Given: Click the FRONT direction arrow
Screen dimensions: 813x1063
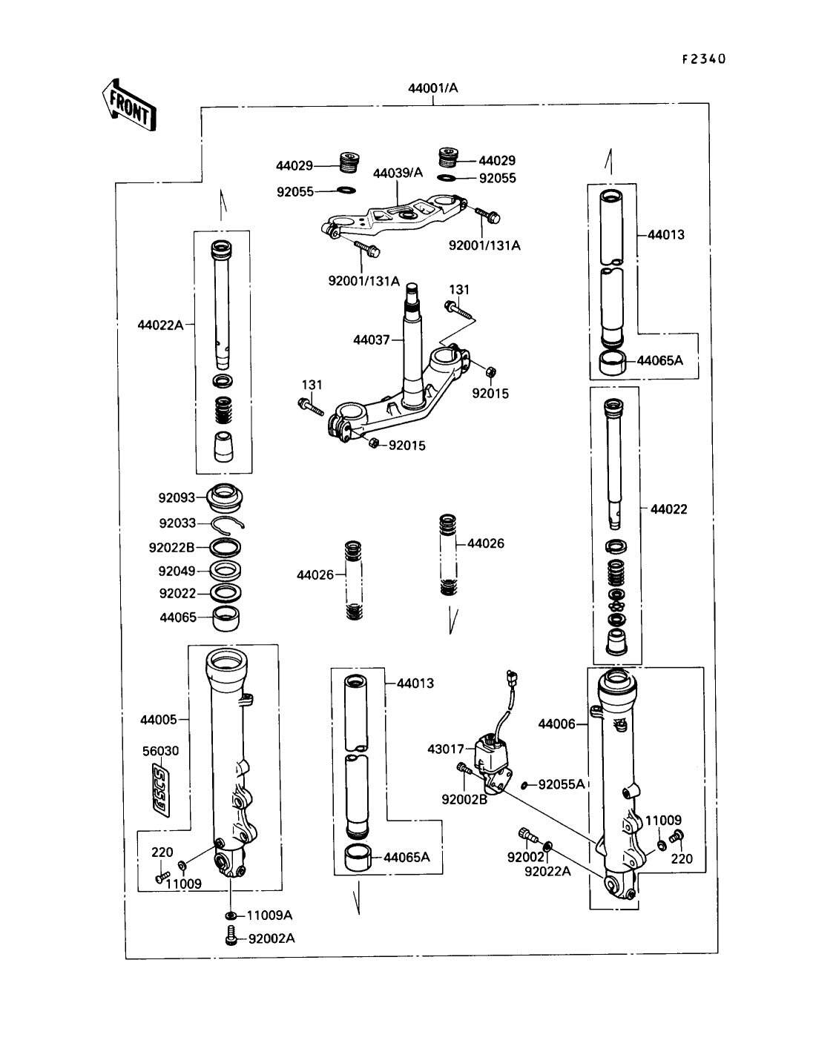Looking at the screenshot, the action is (129, 105).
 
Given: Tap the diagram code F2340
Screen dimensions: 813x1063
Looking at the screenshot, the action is (704, 59).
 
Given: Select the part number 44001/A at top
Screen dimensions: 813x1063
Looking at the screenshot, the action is (432, 88).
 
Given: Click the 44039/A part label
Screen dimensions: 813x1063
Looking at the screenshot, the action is (398, 173).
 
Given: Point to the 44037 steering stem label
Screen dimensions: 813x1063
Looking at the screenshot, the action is (371, 340).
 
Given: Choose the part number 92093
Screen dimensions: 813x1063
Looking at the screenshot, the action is (177, 497).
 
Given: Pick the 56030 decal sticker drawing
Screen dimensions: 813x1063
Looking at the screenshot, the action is (161, 791).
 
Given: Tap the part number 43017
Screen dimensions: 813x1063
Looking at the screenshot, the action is (446, 749).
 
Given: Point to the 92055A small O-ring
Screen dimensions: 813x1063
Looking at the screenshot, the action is (524, 785).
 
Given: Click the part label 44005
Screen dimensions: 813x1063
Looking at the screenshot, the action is (159, 720).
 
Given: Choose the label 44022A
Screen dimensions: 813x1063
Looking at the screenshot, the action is (160, 325).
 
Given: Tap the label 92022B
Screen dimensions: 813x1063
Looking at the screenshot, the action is (171, 547).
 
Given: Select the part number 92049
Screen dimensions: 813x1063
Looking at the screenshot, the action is (177, 571).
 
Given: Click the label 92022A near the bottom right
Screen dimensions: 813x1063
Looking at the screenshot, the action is (547, 871).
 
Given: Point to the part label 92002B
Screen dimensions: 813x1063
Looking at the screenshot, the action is (464, 800).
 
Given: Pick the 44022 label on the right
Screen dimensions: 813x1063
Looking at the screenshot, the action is (668, 509).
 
